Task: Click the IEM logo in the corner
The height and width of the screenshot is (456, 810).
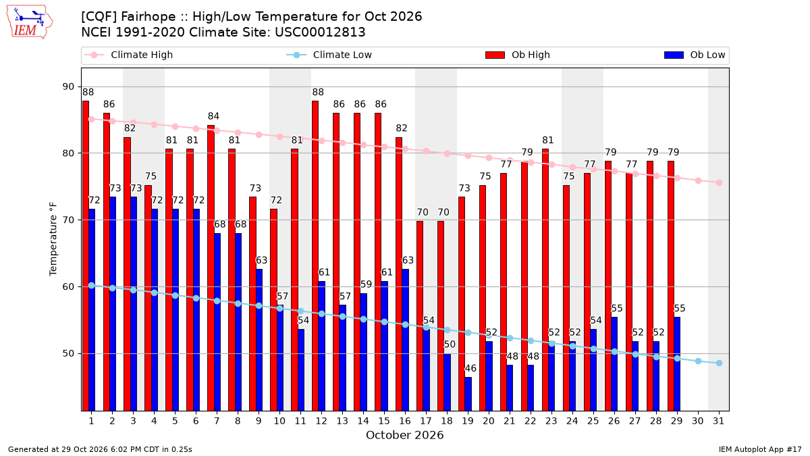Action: coord(30,22)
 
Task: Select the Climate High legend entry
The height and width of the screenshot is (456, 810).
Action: coord(128,55)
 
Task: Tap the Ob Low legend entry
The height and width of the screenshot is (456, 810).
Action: coord(695,55)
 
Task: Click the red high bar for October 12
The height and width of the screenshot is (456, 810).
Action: coord(315,256)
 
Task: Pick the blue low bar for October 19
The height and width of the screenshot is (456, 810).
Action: coord(468,394)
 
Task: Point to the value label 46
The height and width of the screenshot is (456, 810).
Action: coord(470,368)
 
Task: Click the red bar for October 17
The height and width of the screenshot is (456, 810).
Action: coord(420,316)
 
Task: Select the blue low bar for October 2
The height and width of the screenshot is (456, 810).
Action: coord(113,304)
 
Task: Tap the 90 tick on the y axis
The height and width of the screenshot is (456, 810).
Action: coord(68,87)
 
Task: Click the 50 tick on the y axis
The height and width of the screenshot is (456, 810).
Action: coord(68,353)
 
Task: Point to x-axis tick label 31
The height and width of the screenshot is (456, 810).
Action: coord(718,421)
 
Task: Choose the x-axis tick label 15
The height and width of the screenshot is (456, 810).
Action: coord(384,421)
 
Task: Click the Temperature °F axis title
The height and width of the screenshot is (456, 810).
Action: coord(53,239)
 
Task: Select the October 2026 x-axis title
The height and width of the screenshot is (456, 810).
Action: coord(404,435)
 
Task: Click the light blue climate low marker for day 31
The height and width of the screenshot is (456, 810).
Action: coord(719,363)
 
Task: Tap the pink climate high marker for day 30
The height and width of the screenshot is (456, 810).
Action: coord(698,180)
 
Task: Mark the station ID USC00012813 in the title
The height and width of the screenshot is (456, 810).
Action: coord(320,32)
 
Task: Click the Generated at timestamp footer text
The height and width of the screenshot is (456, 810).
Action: coord(100,449)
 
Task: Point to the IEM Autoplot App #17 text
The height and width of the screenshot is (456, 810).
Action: coord(760,449)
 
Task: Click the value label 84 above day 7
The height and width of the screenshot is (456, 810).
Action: coord(213,116)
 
